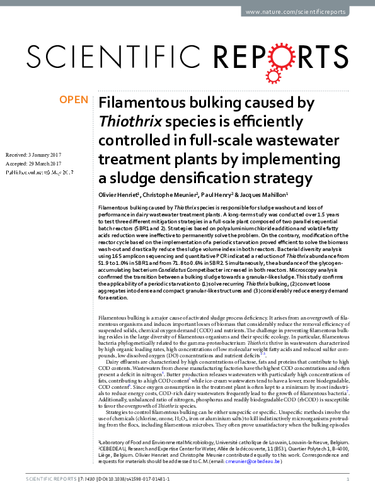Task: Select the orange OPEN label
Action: coord(73,99)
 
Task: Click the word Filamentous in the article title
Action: coord(137,103)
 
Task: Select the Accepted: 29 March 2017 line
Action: coord(31,162)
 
